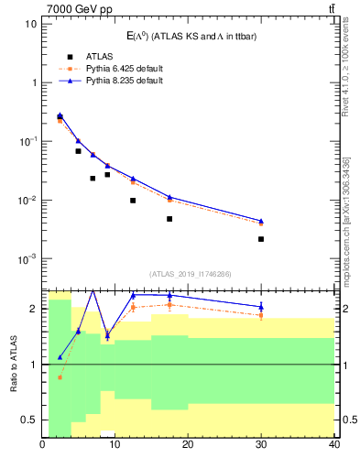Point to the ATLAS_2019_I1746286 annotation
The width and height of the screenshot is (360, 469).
pos(189,273)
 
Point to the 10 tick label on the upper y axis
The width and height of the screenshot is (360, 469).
pos(29,23)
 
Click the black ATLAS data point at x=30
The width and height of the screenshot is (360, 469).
pos(261,239)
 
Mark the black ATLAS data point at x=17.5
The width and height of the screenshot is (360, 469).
pos(169,219)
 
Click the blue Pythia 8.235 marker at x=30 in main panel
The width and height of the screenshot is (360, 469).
pos(261,221)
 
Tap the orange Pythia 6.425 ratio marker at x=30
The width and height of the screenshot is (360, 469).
pos(261,315)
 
